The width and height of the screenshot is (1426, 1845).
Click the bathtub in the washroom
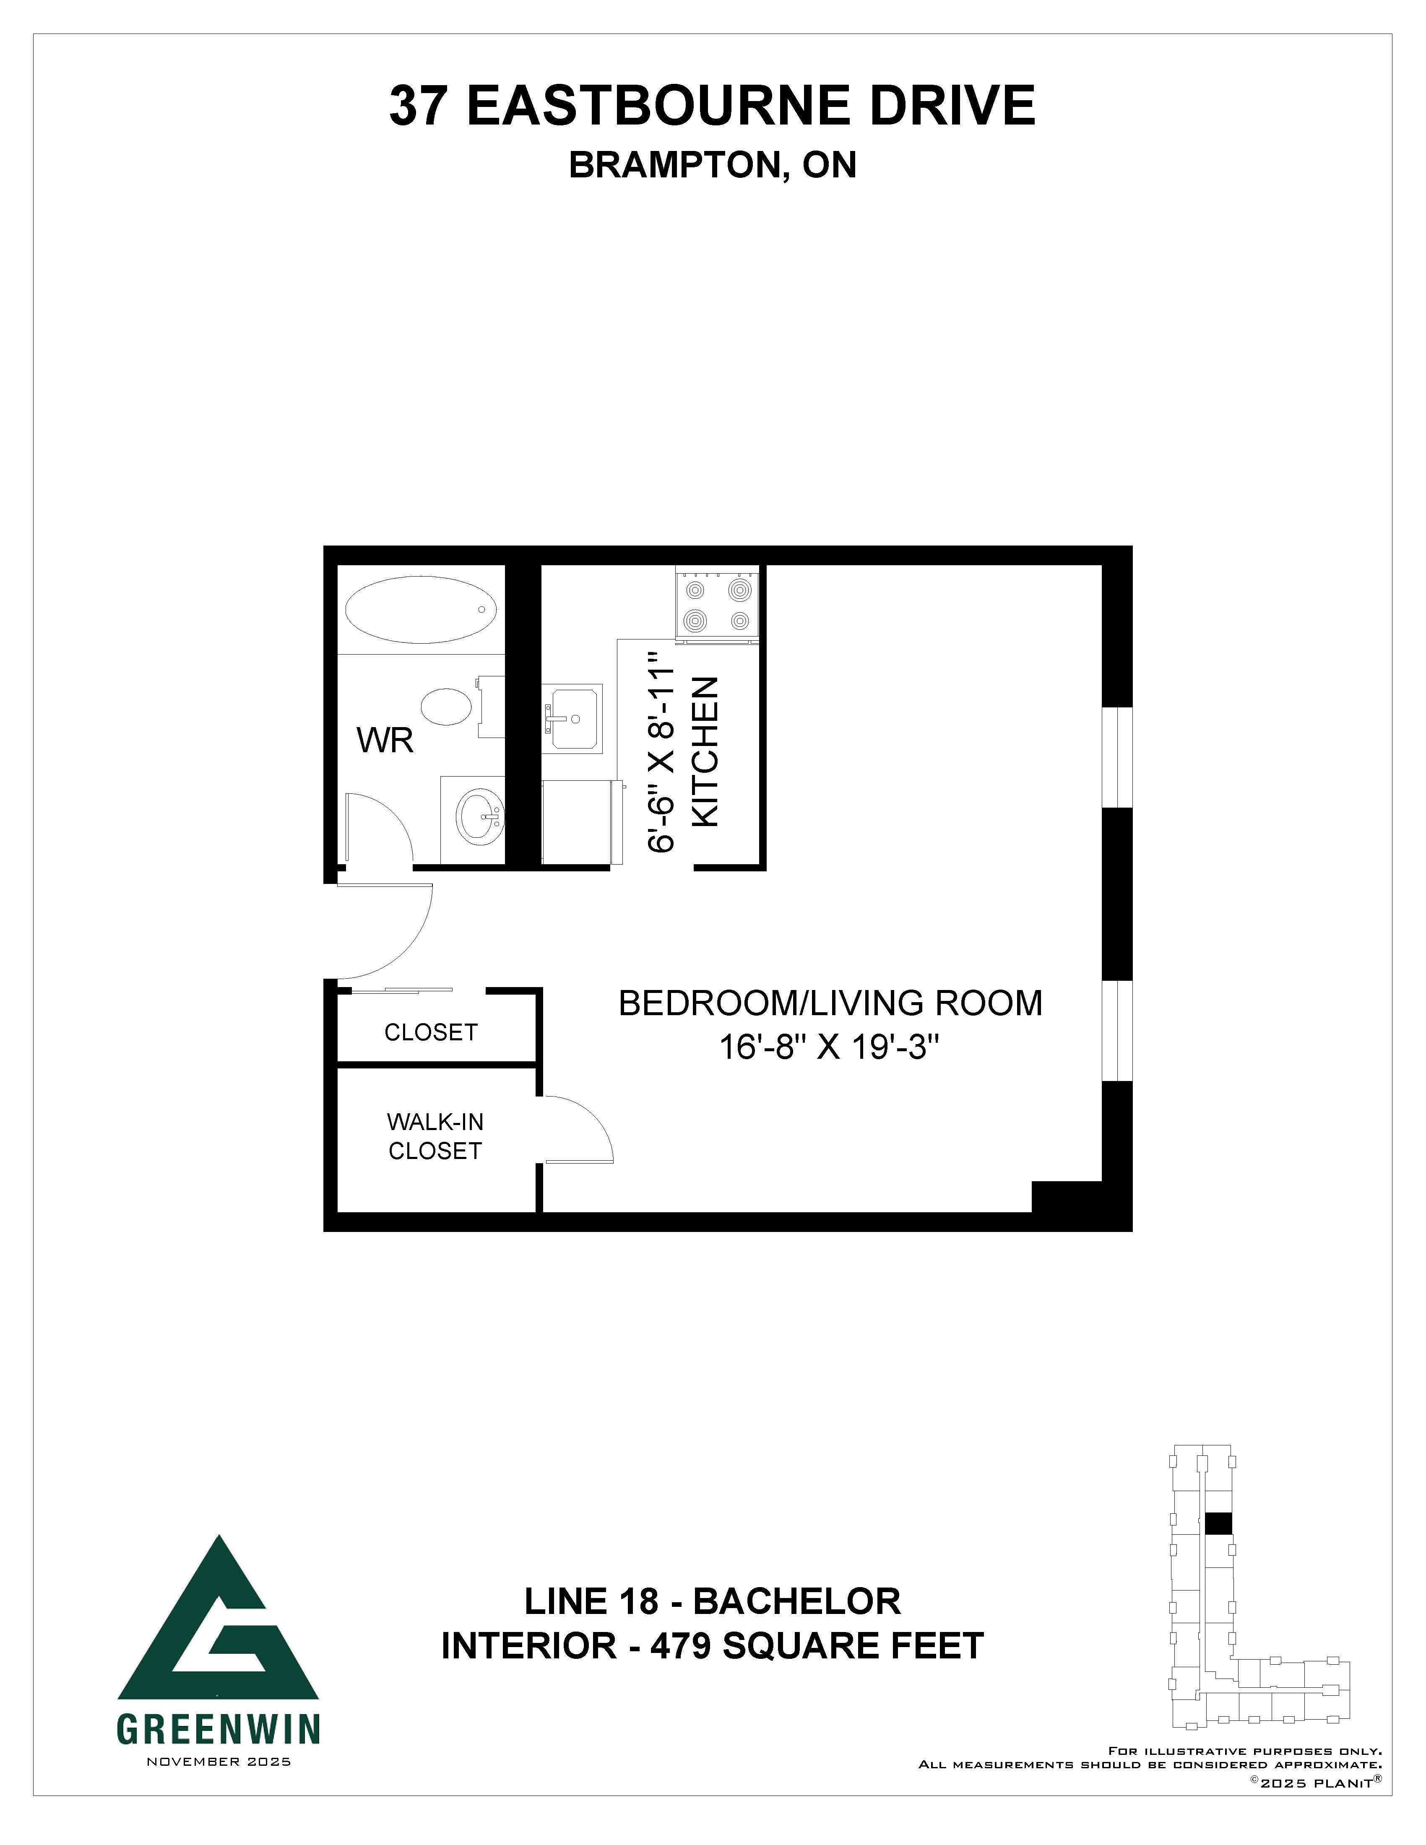(x=421, y=609)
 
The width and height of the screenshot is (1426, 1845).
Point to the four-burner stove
(x=717, y=606)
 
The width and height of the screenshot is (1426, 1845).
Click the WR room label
(x=385, y=741)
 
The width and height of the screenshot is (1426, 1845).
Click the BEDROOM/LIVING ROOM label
(x=830, y=1003)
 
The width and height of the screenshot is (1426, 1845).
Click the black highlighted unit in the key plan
(x=1218, y=1523)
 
